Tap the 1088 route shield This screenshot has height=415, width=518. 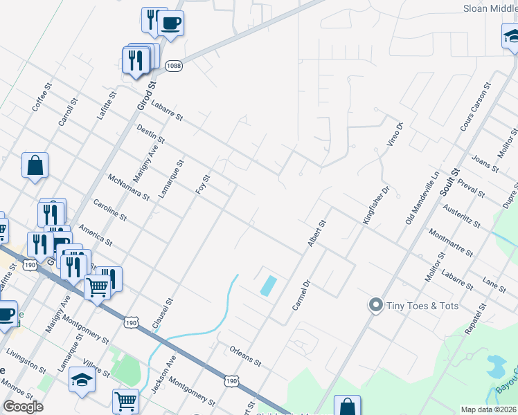coord(175,64)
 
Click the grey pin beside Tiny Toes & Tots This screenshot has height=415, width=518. coord(376,305)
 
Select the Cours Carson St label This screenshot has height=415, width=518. coord(475,108)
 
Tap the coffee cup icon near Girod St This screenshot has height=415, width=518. coord(170,24)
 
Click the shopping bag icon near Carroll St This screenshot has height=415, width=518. coord(35,166)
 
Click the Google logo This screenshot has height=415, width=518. coord(23,407)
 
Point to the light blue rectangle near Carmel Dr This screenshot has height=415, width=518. coord(268,286)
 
